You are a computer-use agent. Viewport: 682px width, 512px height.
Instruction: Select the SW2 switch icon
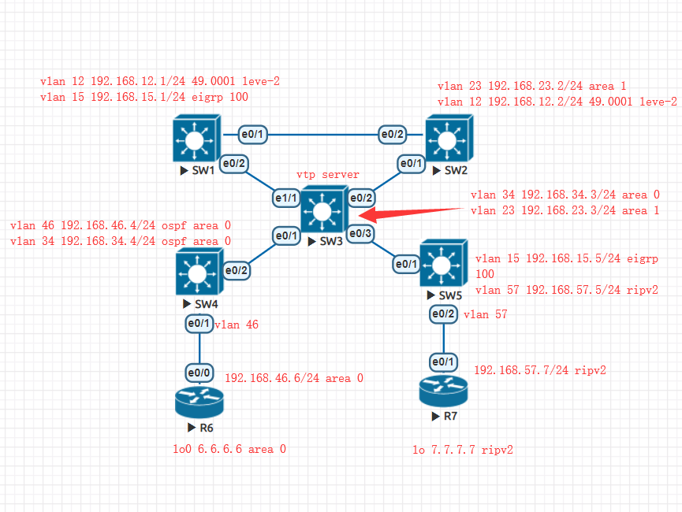tap(447, 139)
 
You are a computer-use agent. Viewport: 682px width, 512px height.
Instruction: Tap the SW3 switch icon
tap(323, 210)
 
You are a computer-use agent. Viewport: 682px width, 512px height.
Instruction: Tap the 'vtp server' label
tap(328, 174)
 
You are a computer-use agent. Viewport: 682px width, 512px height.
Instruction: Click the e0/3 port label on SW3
tap(360, 233)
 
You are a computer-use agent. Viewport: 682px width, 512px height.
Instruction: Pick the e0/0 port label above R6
tap(199, 371)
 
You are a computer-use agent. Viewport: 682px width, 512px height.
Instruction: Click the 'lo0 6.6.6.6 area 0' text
tap(230, 449)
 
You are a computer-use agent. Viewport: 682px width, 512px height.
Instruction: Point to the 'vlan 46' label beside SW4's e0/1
tap(237, 324)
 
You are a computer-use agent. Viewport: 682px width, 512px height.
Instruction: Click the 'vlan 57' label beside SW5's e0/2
tap(485, 314)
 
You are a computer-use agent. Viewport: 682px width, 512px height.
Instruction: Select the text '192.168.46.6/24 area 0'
tap(294, 378)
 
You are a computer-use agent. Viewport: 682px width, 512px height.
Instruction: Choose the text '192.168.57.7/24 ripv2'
tap(539, 369)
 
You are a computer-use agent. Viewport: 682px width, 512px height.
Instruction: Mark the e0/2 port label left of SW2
tap(392, 135)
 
